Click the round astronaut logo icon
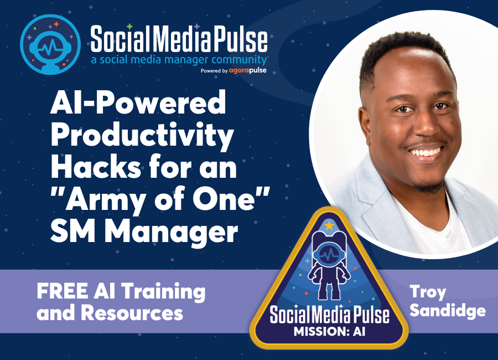point(50,44)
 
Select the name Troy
point(429,291)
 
